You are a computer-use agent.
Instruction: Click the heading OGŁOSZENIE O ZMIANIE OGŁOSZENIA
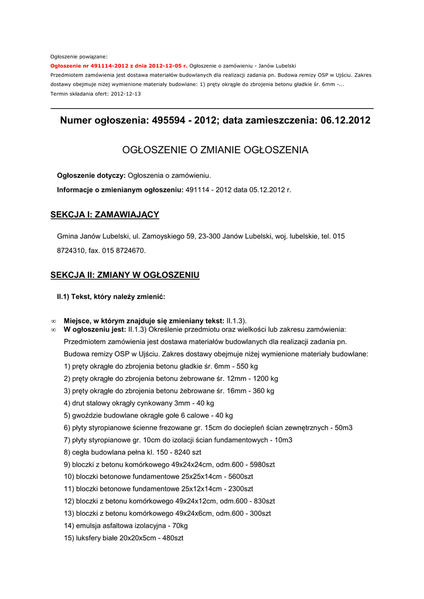(215, 150)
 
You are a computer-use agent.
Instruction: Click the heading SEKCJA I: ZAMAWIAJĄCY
(105, 215)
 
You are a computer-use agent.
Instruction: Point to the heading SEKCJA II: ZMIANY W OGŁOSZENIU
(125, 275)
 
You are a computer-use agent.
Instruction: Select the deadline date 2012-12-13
(126, 94)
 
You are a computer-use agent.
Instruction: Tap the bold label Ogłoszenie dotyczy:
(91, 175)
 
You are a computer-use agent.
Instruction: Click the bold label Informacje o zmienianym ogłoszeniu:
(120, 190)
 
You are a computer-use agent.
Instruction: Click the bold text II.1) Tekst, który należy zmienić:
(111, 297)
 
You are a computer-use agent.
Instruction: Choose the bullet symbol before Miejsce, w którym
(53, 321)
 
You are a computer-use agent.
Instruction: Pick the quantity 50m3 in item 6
(343, 428)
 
